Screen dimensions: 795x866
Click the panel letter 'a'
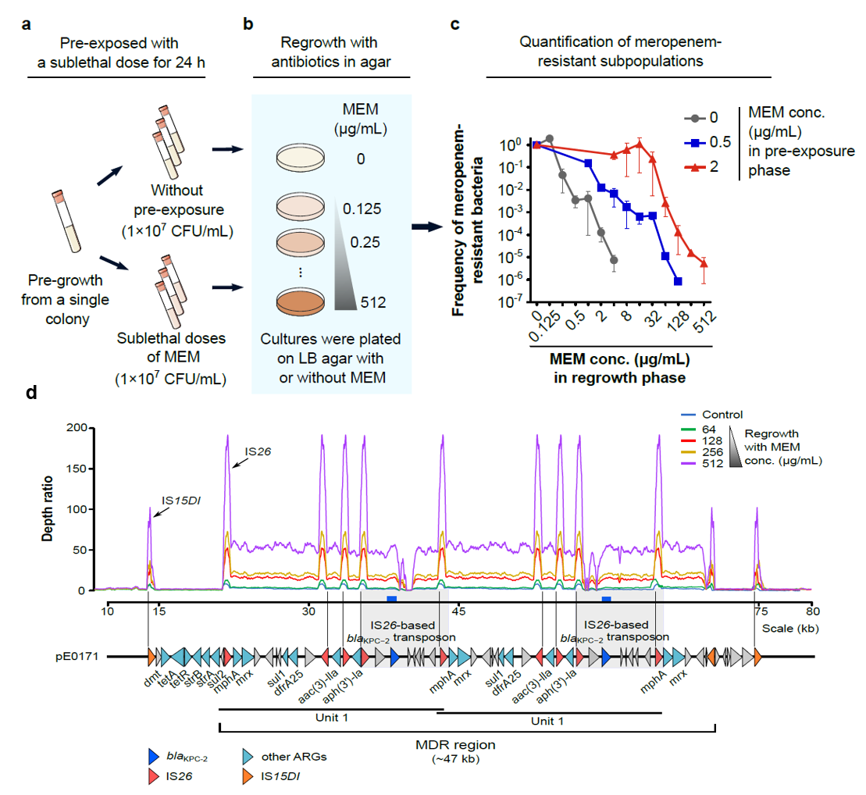pyautogui.click(x=27, y=23)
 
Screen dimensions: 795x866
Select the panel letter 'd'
pyautogui.click(x=30, y=392)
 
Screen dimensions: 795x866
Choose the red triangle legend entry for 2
pyautogui.click(x=692, y=166)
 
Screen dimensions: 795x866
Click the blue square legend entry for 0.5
pyautogui.click(x=692, y=143)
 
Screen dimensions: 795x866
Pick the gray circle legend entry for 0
pyautogui.click(x=692, y=119)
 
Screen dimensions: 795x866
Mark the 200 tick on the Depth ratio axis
pyautogui.click(x=77, y=428)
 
